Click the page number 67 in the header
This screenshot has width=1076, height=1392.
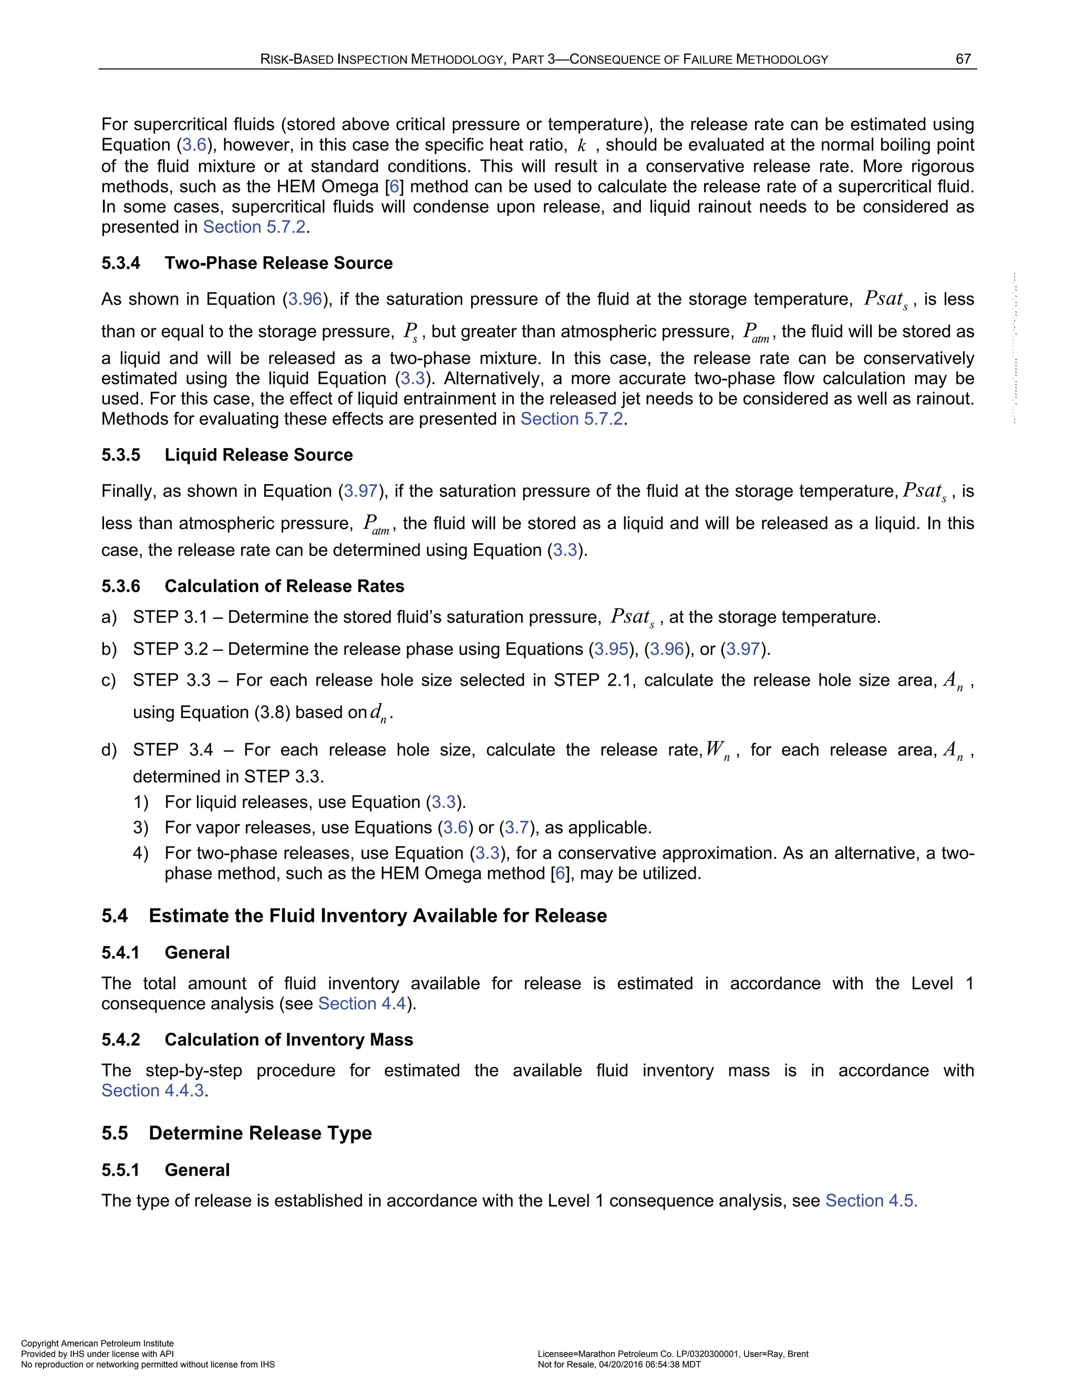(x=963, y=59)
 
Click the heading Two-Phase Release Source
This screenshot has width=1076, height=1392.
(x=278, y=263)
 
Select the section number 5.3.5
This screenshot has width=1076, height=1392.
(x=120, y=455)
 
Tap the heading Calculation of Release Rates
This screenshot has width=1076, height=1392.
(x=284, y=586)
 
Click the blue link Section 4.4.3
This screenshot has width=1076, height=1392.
(x=153, y=1090)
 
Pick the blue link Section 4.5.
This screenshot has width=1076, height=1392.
(x=871, y=1201)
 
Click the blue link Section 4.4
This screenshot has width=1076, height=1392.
(x=361, y=1004)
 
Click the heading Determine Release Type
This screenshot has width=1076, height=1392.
(x=260, y=1133)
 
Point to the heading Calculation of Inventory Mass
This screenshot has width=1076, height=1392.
(x=289, y=1040)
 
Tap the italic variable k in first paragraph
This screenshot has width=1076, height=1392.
(x=581, y=146)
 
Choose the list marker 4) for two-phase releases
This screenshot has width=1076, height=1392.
(x=140, y=854)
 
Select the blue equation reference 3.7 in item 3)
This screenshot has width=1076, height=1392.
(x=517, y=828)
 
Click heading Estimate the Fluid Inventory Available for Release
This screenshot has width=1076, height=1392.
(x=377, y=916)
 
